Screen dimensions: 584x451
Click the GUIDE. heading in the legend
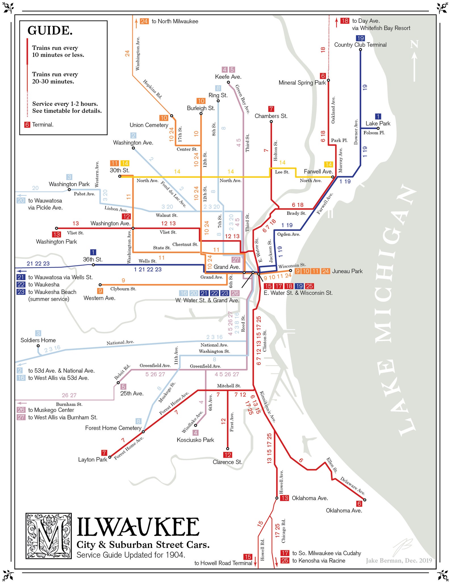click(50, 31)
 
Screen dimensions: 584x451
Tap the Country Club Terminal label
click(360, 45)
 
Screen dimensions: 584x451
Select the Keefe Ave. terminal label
click(228, 77)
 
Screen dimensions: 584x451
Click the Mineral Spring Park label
click(302, 83)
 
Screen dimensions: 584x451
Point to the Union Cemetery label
click(149, 125)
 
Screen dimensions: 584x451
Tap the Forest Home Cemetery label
click(113, 428)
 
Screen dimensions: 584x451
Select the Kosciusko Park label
click(195, 440)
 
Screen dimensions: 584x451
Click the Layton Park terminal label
click(93, 459)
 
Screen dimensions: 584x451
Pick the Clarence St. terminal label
click(227, 462)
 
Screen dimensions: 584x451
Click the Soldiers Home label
click(38, 340)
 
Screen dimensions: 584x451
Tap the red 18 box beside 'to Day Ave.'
click(345, 21)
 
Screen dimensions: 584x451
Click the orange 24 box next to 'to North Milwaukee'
click(144, 21)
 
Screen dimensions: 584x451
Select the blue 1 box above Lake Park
click(378, 116)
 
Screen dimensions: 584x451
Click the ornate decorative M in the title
click(49, 536)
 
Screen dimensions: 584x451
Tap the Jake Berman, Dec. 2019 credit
click(398, 560)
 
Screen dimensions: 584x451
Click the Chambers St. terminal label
click(271, 116)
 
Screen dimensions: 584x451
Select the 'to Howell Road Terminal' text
click(223, 563)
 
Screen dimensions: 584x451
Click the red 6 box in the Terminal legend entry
click(27, 125)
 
